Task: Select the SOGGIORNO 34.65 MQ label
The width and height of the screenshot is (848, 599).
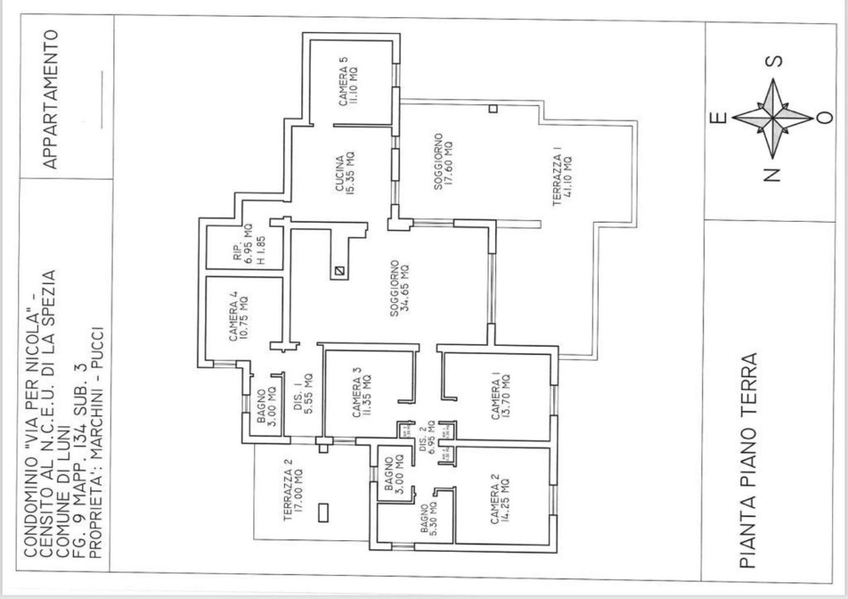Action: [x=399, y=288]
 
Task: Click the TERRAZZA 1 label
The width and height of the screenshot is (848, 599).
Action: [x=562, y=181]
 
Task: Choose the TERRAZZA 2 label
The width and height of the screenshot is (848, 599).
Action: [x=293, y=490]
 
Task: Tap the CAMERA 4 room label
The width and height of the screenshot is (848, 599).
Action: [x=238, y=318]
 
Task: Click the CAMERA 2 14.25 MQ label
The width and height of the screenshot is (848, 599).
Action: [x=501, y=498]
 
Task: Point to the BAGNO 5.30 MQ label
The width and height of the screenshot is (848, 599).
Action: [x=428, y=518]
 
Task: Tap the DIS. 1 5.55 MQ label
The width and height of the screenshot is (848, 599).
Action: [x=303, y=395]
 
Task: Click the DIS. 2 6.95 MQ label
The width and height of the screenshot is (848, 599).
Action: [x=427, y=436]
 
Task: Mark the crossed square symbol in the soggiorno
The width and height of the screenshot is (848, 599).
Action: [x=339, y=271]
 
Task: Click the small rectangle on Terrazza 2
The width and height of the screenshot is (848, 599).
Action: [x=323, y=513]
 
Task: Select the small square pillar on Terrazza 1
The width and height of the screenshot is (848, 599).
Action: [x=493, y=108]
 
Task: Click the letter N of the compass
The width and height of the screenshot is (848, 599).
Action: [x=772, y=175]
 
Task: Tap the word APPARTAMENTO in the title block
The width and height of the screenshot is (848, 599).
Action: [x=51, y=99]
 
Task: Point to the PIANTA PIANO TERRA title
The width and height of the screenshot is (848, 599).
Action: [x=748, y=461]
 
